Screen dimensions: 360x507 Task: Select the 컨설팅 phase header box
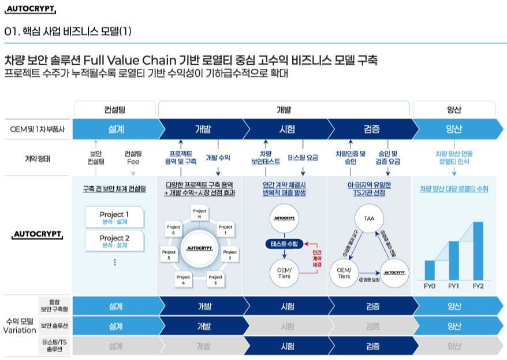[x=114, y=109]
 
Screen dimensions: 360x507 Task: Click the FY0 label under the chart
[x=430, y=286]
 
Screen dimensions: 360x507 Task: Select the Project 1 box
[x=114, y=218]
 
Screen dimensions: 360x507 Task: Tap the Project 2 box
[x=114, y=241]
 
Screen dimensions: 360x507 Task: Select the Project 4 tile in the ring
[x=183, y=280]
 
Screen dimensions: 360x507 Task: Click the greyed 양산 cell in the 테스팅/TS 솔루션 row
[x=454, y=346]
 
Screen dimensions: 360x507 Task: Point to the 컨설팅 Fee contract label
[x=133, y=158]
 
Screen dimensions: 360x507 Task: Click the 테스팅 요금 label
[x=303, y=158]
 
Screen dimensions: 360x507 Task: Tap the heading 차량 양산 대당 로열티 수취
[x=454, y=188]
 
